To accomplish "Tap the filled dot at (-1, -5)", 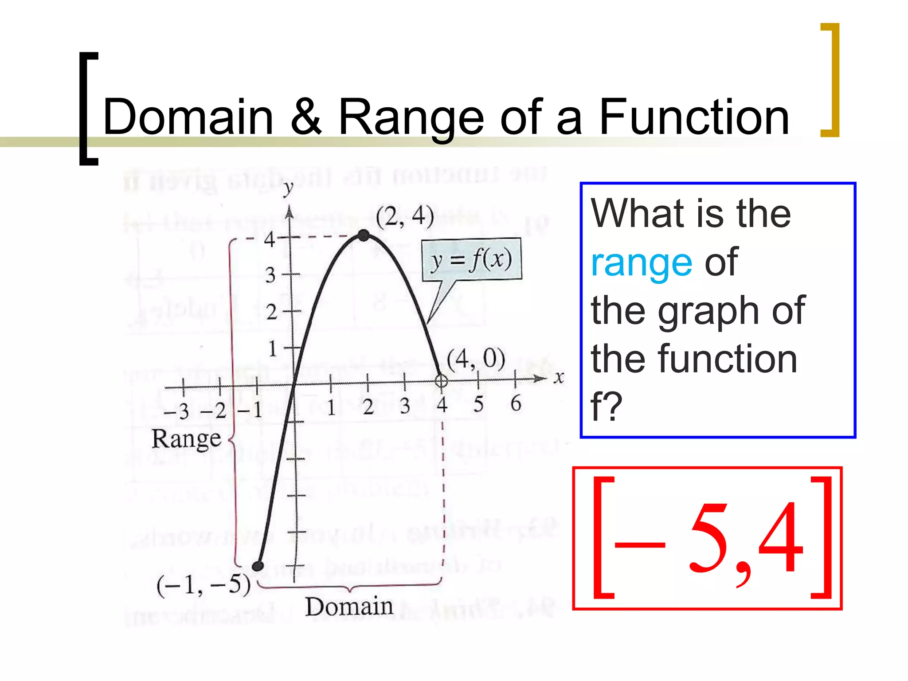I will (x=258, y=566).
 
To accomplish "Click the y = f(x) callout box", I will (x=472, y=260).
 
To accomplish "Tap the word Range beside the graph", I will (x=186, y=439).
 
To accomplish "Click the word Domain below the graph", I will (x=349, y=607).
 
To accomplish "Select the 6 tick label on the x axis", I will (x=516, y=403).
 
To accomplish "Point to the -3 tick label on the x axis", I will (x=176, y=411).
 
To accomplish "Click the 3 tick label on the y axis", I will (x=270, y=275).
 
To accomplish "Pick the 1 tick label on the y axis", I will (x=272, y=348).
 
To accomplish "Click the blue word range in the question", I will (x=641, y=262).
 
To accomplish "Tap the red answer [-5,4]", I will (x=707, y=538).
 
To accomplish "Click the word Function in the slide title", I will (x=694, y=117).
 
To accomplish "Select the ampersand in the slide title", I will (x=306, y=117).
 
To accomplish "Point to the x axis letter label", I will (x=559, y=378).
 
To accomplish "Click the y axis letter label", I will (x=288, y=188).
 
